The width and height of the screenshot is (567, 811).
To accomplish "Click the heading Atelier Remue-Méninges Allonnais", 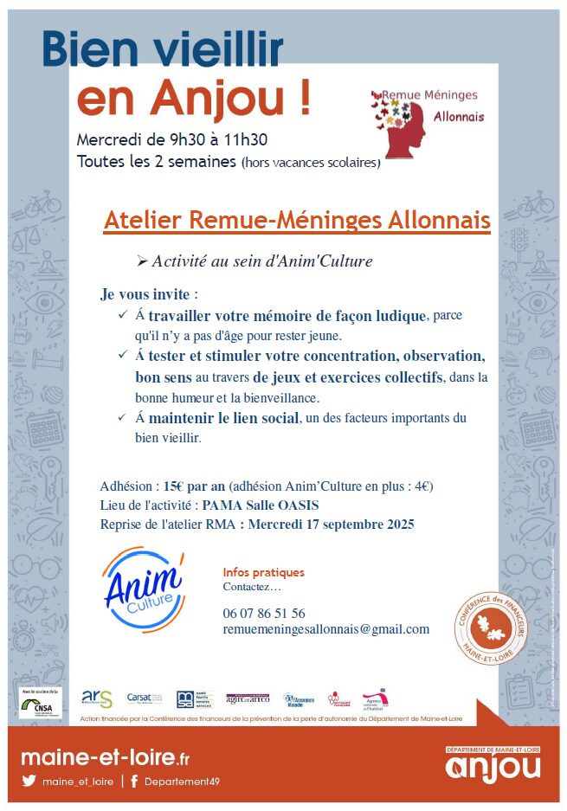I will pyautogui.click(x=296, y=220).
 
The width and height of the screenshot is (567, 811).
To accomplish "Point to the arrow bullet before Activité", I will pyautogui.click(x=143, y=261).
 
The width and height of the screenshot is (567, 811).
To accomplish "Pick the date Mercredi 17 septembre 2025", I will pyautogui.click(x=331, y=525).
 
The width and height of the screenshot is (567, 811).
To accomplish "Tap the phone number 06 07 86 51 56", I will pyautogui.click(x=263, y=613).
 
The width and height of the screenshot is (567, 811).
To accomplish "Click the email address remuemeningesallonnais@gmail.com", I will pyautogui.click(x=325, y=629).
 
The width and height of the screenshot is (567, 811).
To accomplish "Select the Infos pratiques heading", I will pyautogui.click(x=263, y=572).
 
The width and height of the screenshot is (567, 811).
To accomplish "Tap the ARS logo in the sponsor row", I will pyautogui.click(x=96, y=698).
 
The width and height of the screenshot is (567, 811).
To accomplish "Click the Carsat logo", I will pyautogui.click(x=143, y=698).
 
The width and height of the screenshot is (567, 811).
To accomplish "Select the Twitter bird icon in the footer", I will pyautogui.click(x=29, y=781).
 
